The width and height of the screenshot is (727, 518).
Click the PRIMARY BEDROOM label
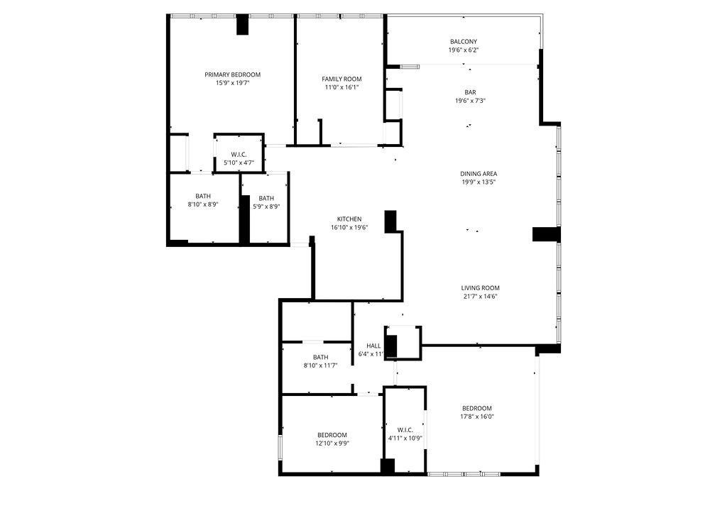click(232, 75)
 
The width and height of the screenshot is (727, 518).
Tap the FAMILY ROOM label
click(341, 79)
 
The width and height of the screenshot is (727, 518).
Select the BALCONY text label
click(463, 42)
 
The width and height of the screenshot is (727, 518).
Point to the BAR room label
click(470, 92)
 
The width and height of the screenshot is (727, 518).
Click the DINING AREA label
click(479, 174)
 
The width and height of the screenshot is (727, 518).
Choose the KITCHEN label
click(349, 219)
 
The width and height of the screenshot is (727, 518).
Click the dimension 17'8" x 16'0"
click(477, 417)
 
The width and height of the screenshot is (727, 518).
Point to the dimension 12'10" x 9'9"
click(332, 443)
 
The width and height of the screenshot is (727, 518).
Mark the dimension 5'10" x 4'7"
click(239, 162)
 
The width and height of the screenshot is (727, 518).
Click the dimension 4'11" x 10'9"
click(405, 438)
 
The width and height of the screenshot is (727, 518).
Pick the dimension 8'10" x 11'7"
click(320, 365)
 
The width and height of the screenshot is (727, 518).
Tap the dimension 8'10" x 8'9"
click(203, 204)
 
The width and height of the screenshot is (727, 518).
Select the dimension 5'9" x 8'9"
click(266, 206)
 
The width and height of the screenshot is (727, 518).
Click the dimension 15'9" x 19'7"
click(232, 83)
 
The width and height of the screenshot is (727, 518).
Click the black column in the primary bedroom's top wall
click(242, 25)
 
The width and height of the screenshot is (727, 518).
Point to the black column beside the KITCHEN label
click(390, 221)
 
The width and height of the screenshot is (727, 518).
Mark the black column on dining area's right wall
click(546, 234)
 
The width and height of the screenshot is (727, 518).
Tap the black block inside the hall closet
click(391, 345)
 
